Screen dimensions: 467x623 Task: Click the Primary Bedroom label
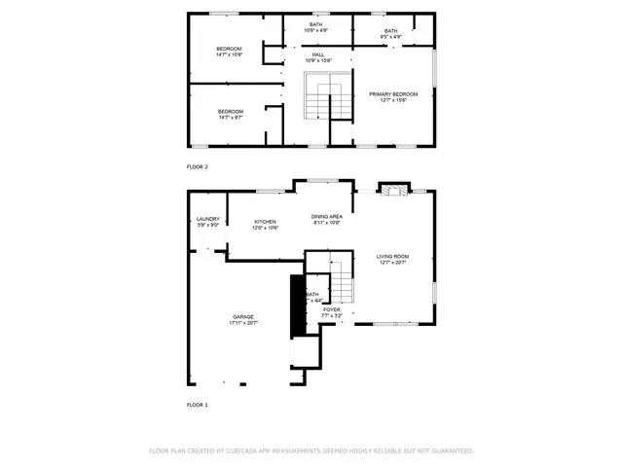click(x=392, y=93)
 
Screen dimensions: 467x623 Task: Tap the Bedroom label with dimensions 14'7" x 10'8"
click(x=229, y=49)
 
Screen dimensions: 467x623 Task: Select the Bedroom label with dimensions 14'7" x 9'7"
click(x=230, y=111)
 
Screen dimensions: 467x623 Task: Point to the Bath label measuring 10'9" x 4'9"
click(x=316, y=24)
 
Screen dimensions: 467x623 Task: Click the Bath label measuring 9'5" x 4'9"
click(x=390, y=31)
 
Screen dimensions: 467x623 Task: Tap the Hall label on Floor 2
click(x=318, y=55)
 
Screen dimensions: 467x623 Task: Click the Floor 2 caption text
click(x=197, y=167)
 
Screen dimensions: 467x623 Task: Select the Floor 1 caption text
click(x=197, y=404)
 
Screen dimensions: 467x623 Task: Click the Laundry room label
click(x=208, y=220)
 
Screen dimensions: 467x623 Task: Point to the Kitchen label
click(x=266, y=222)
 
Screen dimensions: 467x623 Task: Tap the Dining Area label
click(x=326, y=216)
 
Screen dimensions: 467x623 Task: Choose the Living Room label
click(x=392, y=257)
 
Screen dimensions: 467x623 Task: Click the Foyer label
click(x=332, y=309)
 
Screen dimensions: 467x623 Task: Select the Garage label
click(x=242, y=316)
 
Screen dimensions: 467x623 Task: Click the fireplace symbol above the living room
click(x=393, y=190)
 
